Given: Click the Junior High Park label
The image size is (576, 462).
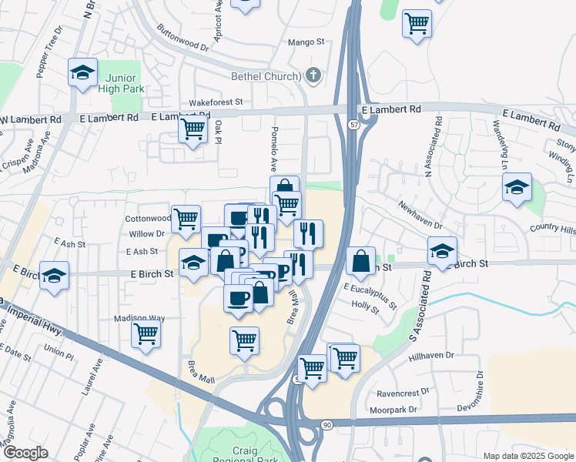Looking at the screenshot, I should coord(121,82).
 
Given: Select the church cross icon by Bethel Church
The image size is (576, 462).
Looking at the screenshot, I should coord(313,75).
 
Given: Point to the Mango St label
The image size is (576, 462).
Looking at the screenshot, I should coord(306,43).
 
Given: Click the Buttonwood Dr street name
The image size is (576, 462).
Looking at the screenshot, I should coord(183,41).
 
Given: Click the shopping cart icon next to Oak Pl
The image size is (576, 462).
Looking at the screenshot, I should coord(193,129).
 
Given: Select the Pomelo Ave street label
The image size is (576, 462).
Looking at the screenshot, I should coord(273,149).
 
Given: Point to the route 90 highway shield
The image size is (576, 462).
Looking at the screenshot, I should coord(327,424).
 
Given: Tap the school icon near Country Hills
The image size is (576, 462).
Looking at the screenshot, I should coord(517,187).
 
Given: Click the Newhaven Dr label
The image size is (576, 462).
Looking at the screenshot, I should coord(420,216).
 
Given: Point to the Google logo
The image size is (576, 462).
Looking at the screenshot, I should coord(25,453).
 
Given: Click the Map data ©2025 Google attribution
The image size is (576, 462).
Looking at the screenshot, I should coord(527,456).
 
